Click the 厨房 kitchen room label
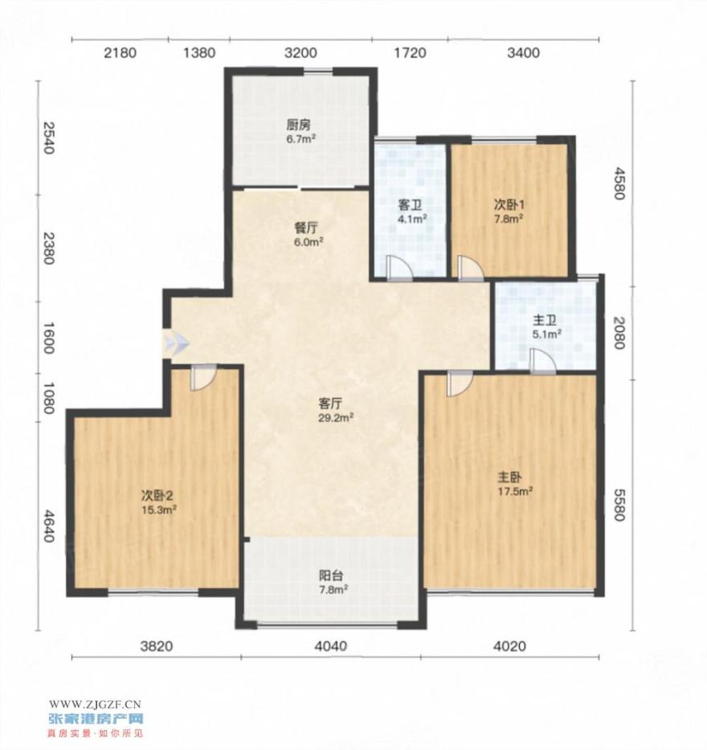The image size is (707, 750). (298, 125)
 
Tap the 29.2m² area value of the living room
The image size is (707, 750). (336, 417)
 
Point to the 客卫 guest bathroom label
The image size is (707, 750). (411, 206)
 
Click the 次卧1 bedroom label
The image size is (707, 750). (509, 205)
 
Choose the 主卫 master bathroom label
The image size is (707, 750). (545, 321)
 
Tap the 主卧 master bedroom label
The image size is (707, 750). (509, 477)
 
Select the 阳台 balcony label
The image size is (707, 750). (331, 576)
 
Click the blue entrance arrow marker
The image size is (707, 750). (176, 343)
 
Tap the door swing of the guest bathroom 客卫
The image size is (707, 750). (399, 268)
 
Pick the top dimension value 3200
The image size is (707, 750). (300, 52)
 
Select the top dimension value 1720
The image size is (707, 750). (411, 52)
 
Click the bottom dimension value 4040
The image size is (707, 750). (331, 646)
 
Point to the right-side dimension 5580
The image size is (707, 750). (619, 505)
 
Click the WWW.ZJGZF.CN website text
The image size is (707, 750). (95, 704)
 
